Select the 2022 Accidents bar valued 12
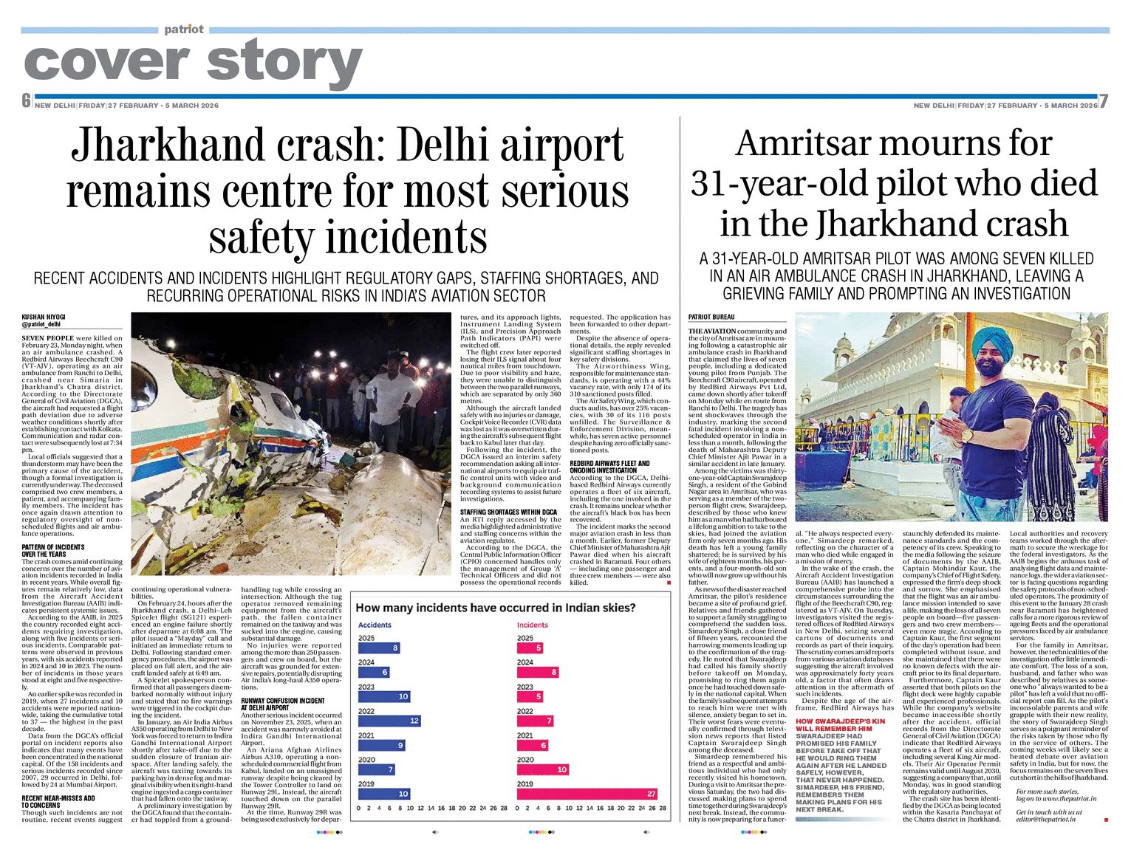pyautogui.click(x=389, y=721)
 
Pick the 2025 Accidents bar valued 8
pyautogui.click(x=379, y=648)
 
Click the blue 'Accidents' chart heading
pyautogui.click(x=375, y=625)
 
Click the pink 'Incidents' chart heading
pyautogui.click(x=533, y=625)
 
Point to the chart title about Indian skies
pyautogui.click(x=496, y=608)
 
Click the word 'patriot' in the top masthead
pyautogui.click(x=184, y=29)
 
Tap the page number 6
pyautogui.click(x=26, y=101)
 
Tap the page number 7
pyautogui.click(x=1104, y=101)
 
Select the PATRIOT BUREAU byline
pyautogui.click(x=711, y=318)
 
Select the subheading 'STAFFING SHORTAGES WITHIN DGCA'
pyautogui.click(x=508, y=512)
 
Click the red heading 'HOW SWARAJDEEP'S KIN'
pyautogui.click(x=840, y=721)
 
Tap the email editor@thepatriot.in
pyautogui.click(x=1046, y=820)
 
